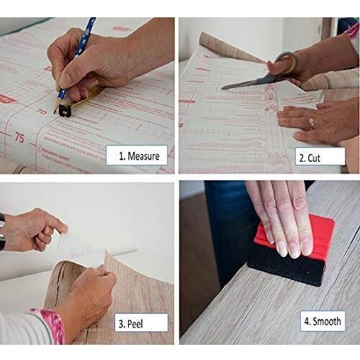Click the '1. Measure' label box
click(x=134, y=153)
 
